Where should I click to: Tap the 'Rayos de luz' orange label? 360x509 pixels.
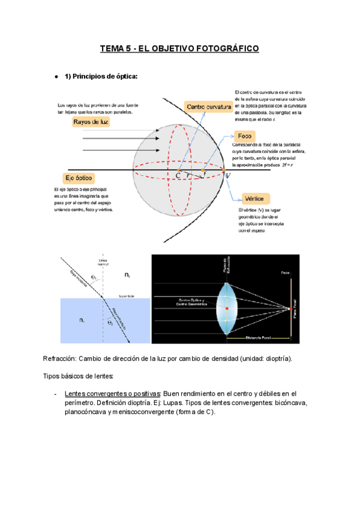91,122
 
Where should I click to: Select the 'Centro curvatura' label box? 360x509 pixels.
209,106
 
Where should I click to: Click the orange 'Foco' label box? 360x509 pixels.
244,136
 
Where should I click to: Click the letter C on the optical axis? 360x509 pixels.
178,175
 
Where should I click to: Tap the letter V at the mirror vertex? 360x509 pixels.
227,175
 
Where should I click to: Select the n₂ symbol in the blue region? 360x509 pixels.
82,321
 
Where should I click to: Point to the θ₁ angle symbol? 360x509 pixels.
94,277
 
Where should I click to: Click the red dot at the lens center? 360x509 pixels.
227,308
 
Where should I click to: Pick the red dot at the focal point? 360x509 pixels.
290,309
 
